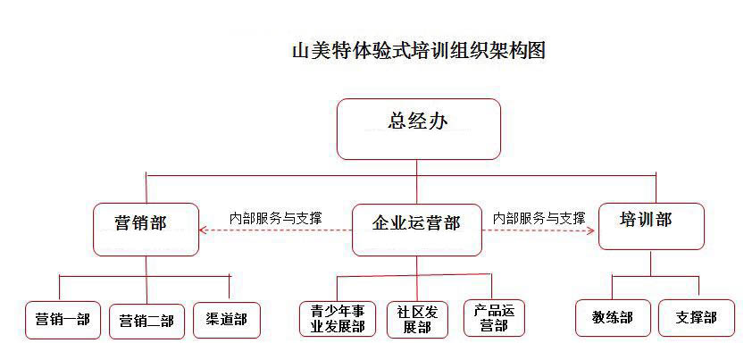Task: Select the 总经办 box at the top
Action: (x=417, y=129)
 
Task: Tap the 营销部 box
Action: (x=146, y=230)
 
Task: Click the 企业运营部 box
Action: (x=416, y=230)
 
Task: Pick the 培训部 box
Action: (x=650, y=226)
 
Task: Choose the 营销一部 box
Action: (x=63, y=320)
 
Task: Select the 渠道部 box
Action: (x=226, y=319)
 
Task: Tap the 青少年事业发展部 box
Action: (x=338, y=318)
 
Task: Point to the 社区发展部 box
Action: (x=417, y=318)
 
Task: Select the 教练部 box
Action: (x=612, y=317)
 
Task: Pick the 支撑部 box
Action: (x=696, y=317)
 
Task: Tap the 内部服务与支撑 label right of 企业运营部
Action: (x=539, y=217)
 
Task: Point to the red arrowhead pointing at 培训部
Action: (x=590, y=230)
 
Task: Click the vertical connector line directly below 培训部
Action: (x=651, y=263)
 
